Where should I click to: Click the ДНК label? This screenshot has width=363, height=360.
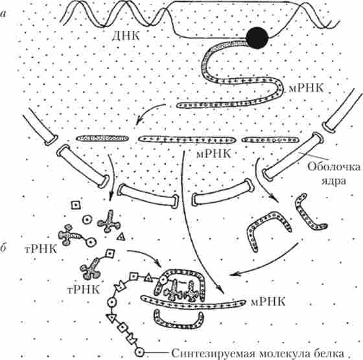(126, 36)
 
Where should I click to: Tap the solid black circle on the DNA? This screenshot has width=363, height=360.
(257, 38)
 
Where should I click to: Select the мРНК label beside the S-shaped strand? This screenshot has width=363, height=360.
(306, 88)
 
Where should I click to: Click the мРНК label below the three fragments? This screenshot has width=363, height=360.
(213, 153)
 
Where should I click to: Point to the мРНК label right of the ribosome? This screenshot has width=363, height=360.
(268, 302)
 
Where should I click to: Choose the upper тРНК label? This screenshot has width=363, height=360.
(41, 249)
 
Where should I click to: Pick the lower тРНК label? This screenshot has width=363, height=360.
(84, 289)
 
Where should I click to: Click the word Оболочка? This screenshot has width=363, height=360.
(334, 167)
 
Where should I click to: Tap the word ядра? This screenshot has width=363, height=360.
(334, 181)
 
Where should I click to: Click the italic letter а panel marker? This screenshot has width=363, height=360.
(3, 14)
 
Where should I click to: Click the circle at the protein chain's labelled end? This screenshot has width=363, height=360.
(139, 352)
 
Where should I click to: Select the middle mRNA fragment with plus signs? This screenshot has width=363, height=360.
(187, 140)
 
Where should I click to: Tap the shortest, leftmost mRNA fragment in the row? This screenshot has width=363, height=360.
(102, 139)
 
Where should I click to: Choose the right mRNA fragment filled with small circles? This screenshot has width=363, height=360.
(270, 140)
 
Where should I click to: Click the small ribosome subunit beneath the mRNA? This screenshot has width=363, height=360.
(179, 320)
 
